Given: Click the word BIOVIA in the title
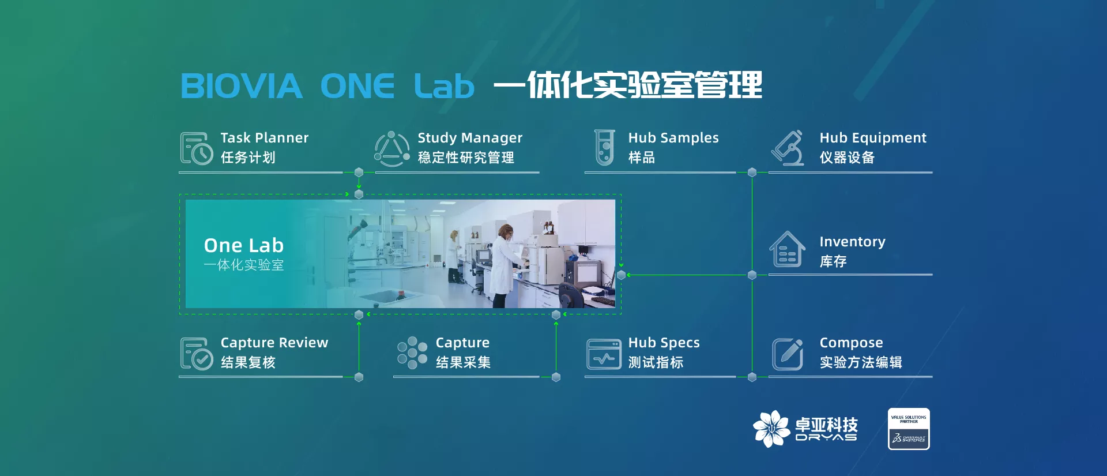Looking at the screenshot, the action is [x=242, y=86].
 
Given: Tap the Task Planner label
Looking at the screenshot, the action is [x=265, y=138].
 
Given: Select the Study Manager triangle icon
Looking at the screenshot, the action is [x=392, y=148].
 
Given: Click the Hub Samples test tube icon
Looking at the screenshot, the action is [x=604, y=148].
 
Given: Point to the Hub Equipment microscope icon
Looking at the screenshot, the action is [x=788, y=148].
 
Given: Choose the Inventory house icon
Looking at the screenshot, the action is [x=787, y=249].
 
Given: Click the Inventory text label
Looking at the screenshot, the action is [x=852, y=242].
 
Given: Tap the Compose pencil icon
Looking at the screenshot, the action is [x=788, y=354].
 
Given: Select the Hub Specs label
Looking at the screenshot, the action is [x=664, y=343].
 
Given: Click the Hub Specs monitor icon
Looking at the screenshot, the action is [x=604, y=354].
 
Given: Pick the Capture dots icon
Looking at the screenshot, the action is [x=412, y=353].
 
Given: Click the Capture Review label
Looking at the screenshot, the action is [x=274, y=343].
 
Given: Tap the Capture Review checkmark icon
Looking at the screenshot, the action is [x=197, y=353].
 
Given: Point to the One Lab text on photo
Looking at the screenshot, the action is [x=243, y=246].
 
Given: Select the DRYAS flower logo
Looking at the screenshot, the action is [x=771, y=429].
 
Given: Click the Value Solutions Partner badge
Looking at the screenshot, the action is [x=909, y=429].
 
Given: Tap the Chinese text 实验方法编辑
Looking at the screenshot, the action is [x=861, y=362].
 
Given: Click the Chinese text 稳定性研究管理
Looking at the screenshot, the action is [x=466, y=158].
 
